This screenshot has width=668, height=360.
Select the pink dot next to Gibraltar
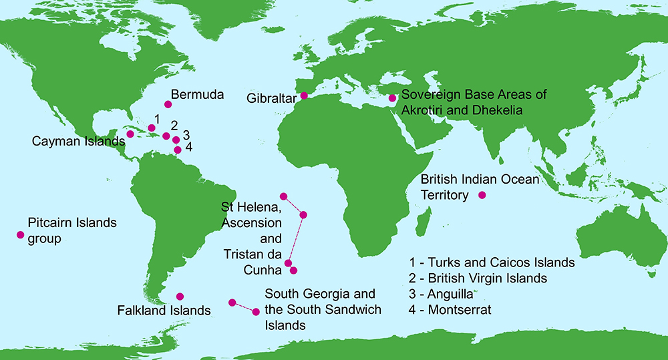(304, 96)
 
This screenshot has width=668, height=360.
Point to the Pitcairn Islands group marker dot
(20, 234)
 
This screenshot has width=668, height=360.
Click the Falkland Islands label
(164, 311)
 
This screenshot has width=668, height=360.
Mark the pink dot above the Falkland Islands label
(180, 296)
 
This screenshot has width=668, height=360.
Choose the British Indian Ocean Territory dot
(482, 195)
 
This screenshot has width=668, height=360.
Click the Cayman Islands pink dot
(130, 134)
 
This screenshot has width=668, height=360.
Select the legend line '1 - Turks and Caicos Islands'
(492, 262)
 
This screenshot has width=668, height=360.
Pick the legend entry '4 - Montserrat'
(456, 310)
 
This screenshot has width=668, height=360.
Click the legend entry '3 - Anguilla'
(446, 294)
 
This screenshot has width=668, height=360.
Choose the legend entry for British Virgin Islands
(478, 278)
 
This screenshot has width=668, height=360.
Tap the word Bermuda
(197, 94)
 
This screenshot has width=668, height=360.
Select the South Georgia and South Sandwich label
(323, 309)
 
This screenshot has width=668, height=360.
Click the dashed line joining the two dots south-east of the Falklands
(244, 307)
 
